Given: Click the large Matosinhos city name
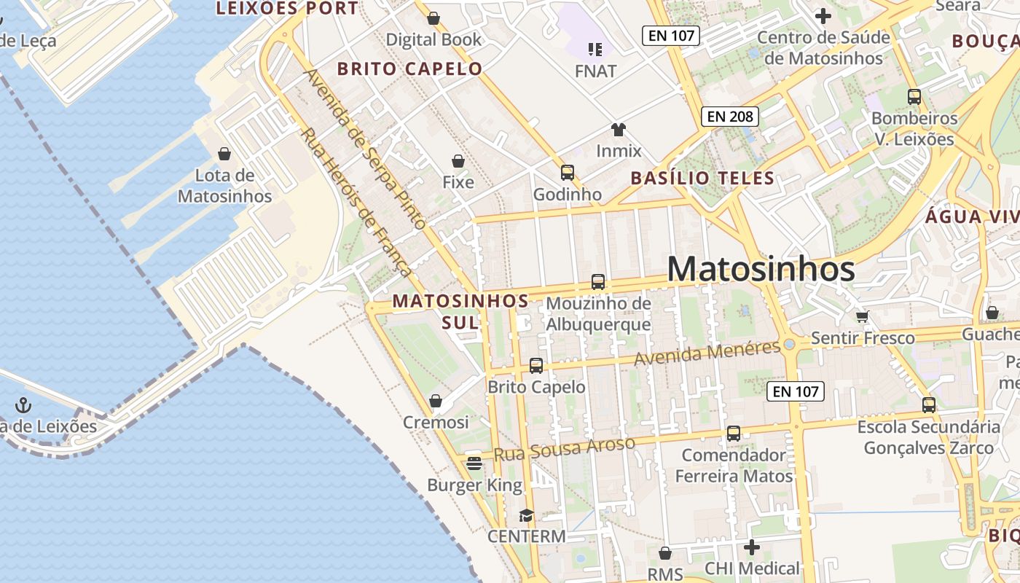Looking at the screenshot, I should [x=761, y=270].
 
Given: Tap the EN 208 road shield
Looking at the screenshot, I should [x=730, y=116].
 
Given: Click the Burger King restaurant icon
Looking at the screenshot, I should [x=474, y=463].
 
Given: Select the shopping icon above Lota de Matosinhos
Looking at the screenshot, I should [x=224, y=154].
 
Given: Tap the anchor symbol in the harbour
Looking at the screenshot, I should [x=24, y=404].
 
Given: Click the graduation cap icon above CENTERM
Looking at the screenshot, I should [x=526, y=515].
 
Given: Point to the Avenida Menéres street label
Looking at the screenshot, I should [x=707, y=353].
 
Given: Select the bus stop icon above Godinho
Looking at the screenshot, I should [x=567, y=173].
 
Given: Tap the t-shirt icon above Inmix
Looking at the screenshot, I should [x=619, y=130].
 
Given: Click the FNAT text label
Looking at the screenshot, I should [x=595, y=71].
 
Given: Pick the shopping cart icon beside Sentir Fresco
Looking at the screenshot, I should [x=863, y=316].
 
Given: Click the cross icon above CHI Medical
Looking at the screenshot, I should [x=752, y=547].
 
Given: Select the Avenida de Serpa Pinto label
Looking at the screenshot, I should [x=364, y=149].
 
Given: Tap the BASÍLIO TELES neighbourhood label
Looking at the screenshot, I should [x=702, y=178].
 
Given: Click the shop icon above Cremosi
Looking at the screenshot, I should [x=436, y=401].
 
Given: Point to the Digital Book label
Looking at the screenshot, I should [x=433, y=39].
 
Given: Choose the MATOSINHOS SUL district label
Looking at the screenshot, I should [x=460, y=311].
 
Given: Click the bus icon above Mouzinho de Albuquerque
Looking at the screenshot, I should [x=598, y=282].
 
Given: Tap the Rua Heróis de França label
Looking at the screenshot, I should [x=356, y=202].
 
